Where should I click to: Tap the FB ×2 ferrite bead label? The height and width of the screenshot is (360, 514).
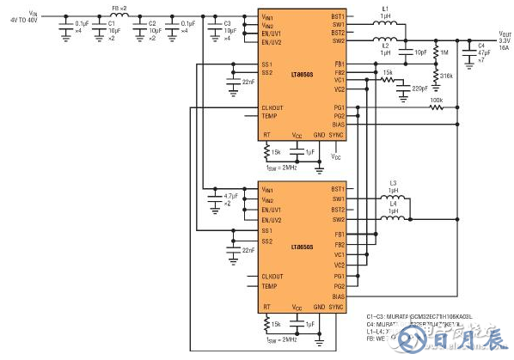click(x=119, y=8)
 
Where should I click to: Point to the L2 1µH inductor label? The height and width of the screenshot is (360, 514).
click(x=386, y=48)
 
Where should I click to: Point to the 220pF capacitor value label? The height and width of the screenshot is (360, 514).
click(x=419, y=88)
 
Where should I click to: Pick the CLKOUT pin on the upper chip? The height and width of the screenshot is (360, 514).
click(x=272, y=107)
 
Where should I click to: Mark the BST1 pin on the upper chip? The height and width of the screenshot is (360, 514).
click(x=337, y=16)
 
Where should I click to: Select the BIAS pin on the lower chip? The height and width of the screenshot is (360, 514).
click(x=337, y=296)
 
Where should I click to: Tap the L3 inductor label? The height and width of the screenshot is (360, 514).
click(x=393, y=183)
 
